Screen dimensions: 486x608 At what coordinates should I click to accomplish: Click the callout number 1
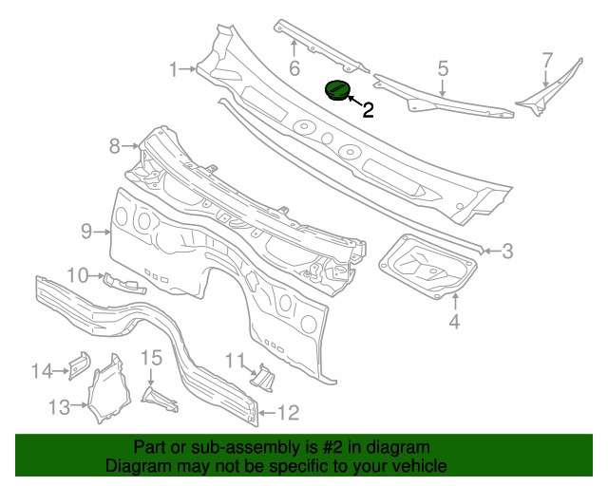pyautogui.click(x=175, y=68)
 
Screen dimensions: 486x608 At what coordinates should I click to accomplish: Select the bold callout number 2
pyautogui.click(x=368, y=110)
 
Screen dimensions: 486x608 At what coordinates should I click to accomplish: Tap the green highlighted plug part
pyautogui.click(x=337, y=90)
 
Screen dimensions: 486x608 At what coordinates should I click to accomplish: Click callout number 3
pyautogui.click(x=507, y=251)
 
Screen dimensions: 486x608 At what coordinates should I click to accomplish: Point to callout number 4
pyautogui.click(x=454, y=323)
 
